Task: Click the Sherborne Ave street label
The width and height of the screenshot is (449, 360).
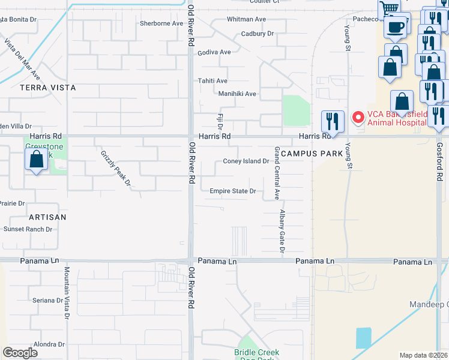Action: point(161,23)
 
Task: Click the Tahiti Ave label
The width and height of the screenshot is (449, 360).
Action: point(213,81)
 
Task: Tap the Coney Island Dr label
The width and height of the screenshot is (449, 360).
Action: point(246,161)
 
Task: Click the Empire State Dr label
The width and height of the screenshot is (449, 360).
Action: point(233,191)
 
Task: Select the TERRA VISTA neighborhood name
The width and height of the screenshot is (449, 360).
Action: point(48,88)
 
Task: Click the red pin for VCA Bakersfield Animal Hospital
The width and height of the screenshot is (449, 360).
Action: point(358,118)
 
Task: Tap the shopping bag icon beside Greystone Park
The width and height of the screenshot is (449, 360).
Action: point(36,160)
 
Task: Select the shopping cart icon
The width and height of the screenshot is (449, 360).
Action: point(389,9)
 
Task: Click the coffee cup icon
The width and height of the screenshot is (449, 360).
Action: point(396,26)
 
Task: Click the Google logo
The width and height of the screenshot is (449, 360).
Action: point(20,353)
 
